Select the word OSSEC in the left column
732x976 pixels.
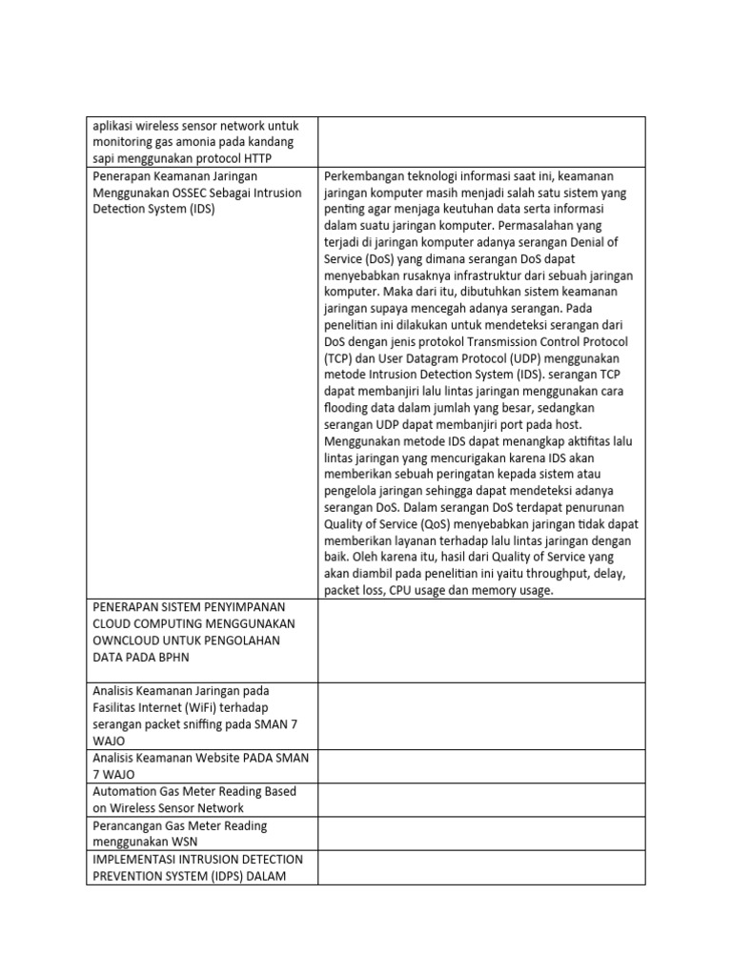coord(196,193)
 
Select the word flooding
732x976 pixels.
coord(349,407)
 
